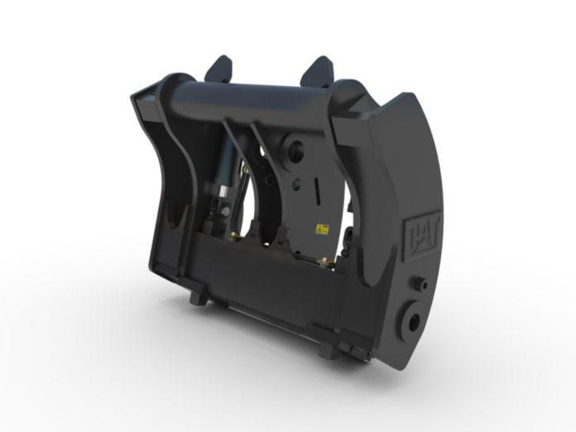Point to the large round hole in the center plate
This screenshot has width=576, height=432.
tap(294, 152)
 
